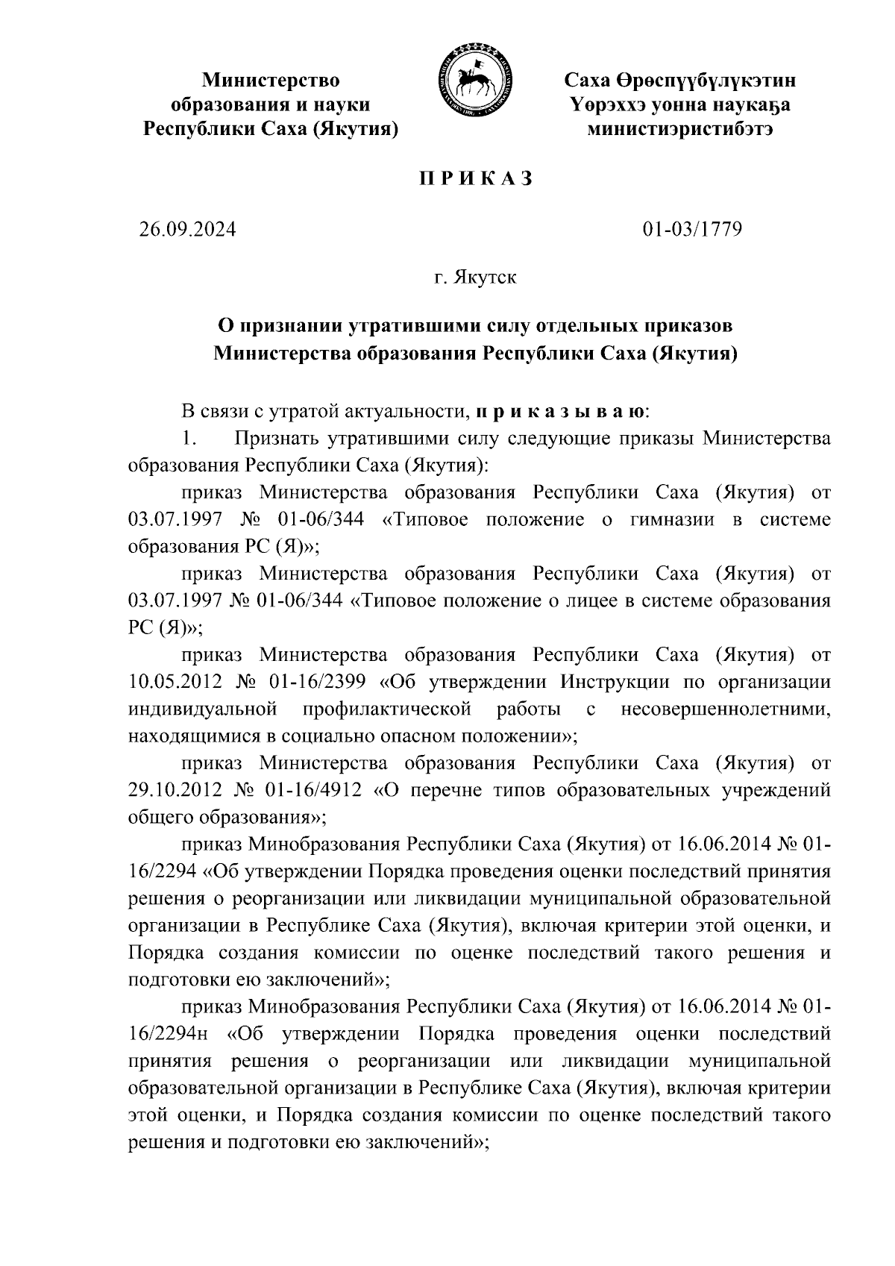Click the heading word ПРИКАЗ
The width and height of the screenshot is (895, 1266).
coord(473,179)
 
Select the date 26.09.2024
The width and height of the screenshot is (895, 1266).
coord(187,230)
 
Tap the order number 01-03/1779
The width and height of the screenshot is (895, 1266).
coord(693,230)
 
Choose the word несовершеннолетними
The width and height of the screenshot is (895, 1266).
coord(726,709)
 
